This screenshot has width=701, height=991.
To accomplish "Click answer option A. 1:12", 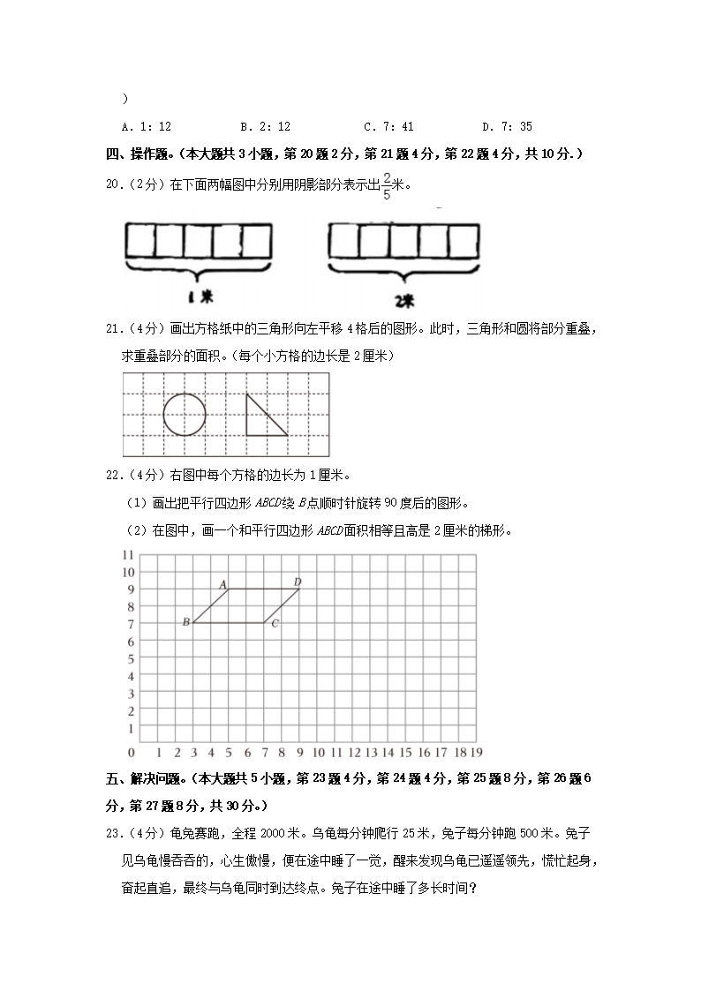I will tap(147, 127).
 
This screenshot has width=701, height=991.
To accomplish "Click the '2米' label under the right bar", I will tap(403, 300).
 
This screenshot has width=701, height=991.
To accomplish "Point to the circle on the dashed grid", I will tap(185, 415).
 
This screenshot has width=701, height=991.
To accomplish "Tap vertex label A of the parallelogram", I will tap(222, 584).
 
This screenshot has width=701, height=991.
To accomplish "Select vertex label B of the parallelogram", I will tap(185, 623).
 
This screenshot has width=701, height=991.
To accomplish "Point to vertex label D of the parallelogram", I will tap(298, 582).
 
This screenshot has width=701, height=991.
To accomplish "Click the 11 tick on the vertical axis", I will tap(127, 554).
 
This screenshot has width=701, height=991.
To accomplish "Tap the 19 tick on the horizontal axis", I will tap(475, 752).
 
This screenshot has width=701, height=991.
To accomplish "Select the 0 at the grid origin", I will tap(132, 752).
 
